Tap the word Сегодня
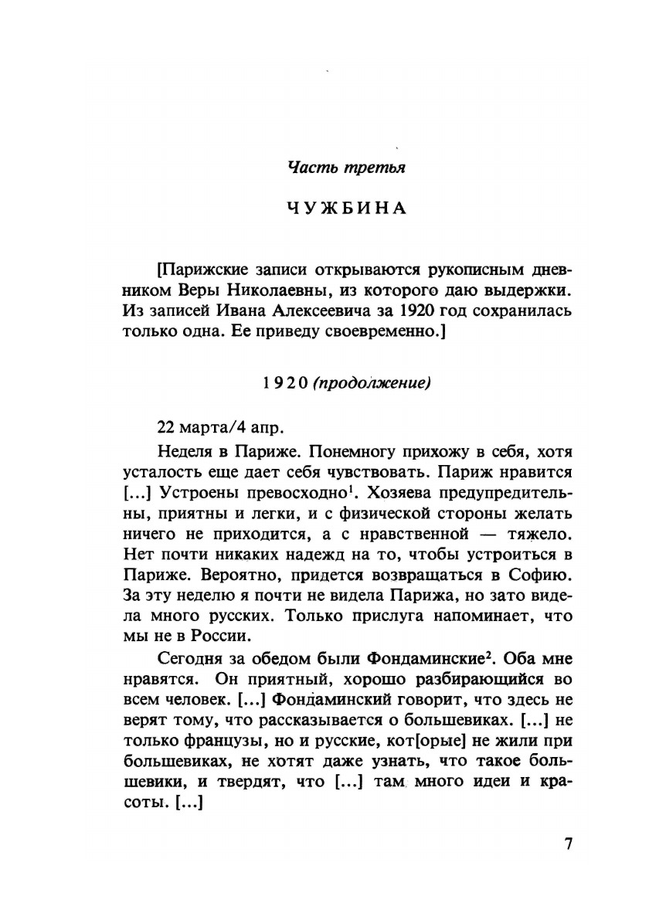tap(189, 659)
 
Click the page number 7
tap(568, 844)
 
